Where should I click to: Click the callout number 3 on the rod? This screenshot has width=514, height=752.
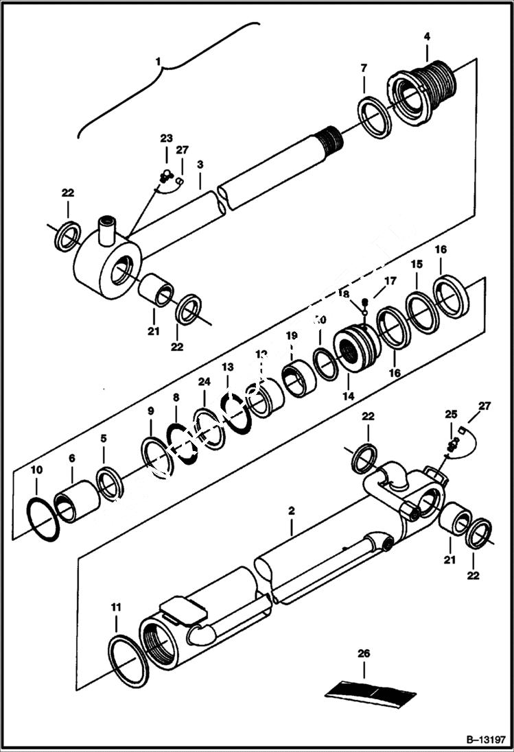(200, 165)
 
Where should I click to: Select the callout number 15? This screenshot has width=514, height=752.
(417, 264)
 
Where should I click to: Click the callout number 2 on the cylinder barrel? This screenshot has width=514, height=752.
(292, 511)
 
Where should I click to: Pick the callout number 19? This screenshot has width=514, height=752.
(292, 336)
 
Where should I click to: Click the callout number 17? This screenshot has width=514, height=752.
(390, 280)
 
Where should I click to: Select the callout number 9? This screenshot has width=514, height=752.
(150, 411)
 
